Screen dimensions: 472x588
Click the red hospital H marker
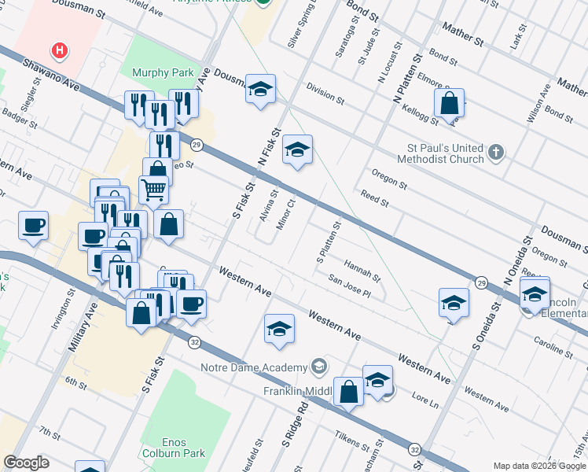click(59, 52)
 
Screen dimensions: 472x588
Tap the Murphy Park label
click(163, 73)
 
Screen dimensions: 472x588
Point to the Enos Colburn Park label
click(182, 447)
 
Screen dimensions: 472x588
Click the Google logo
click(26, 463)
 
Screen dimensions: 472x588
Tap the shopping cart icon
click(153, 189)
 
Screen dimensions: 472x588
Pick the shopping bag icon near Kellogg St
click(448, 102)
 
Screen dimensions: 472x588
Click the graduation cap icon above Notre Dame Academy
click(279, 330)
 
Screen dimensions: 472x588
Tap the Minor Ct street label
click(286, 214)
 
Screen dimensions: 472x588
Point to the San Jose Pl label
click(349, 286)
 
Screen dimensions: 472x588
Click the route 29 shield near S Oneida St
click(480, 281)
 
